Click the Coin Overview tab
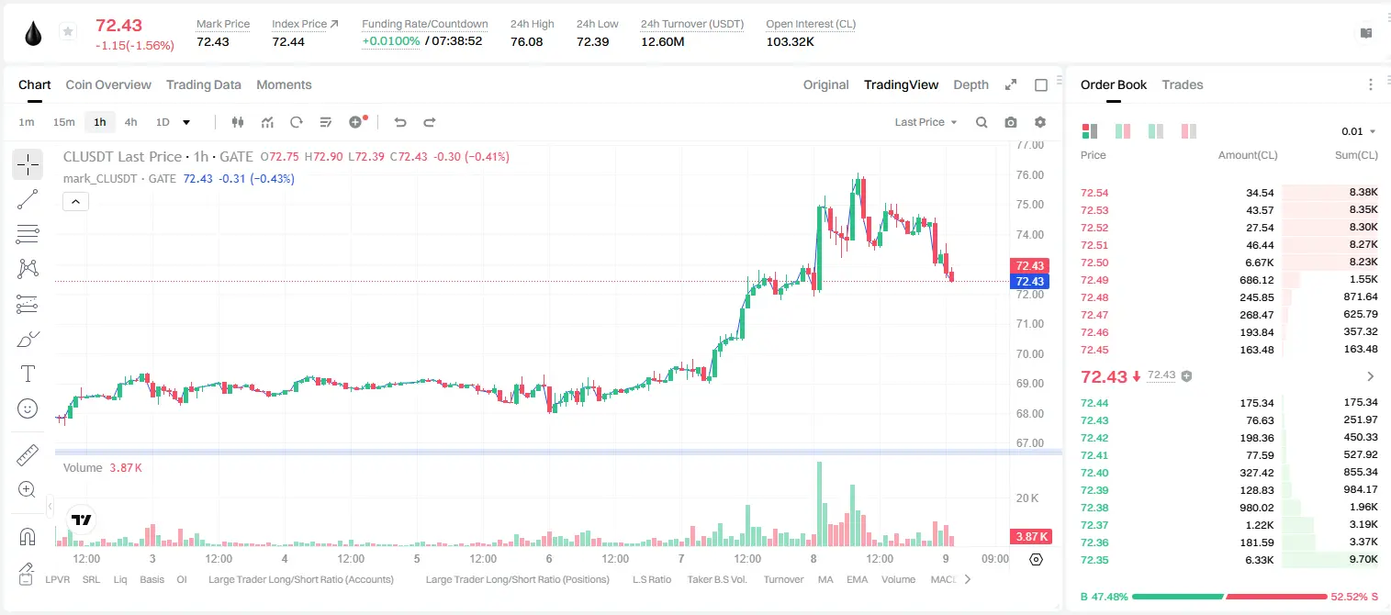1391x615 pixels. click(x=108, y=84)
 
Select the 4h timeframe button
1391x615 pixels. click(x=130, y=122)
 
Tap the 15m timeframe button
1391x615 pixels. click(x=63, y=122)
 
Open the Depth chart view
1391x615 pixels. click(x=970, y=84)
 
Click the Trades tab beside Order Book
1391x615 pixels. click(x=1182, y=84)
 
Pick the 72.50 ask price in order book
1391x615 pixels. click(x=1094, y=263)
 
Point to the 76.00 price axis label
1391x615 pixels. click(x=1029, y=175)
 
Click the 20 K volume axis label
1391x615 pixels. click(x=1027, y=498)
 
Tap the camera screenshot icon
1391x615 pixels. click(x=1010, y=122)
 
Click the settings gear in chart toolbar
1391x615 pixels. click(x=1040, y=122)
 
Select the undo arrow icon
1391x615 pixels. click(x=400, y=122)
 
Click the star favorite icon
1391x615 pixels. click(x=68, y=31)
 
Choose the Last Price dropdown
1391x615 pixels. click(x=925, y=122)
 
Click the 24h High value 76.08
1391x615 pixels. click(x=527, y=41)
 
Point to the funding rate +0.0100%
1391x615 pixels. click(x=391, y=41)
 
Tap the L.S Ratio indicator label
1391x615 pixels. click(x=651, y=579)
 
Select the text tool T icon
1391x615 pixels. click(x=28, y=374)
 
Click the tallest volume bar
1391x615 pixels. click(x=819, y=504)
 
